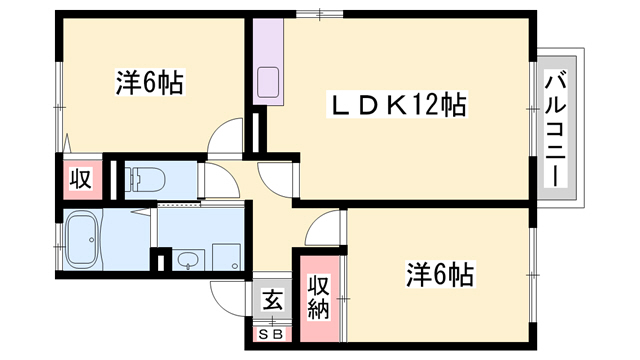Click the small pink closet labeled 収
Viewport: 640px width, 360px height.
80,179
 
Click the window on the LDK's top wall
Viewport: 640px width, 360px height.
320,14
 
